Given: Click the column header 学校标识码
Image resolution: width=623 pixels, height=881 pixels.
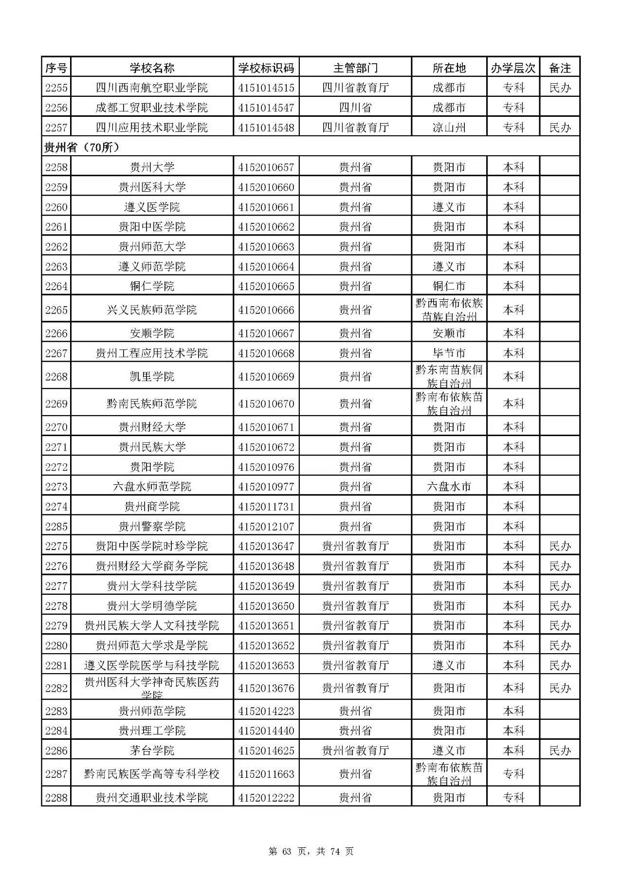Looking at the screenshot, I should click(x=266, y=68).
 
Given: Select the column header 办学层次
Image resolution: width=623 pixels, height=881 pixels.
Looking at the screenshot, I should click(x=513, y=68).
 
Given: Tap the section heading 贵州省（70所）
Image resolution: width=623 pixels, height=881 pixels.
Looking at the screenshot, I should click(x=81, y=147).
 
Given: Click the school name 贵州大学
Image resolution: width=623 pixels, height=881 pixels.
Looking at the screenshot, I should click(x=152, y=167).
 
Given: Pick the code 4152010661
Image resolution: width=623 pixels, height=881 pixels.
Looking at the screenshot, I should click(x=266, y=207).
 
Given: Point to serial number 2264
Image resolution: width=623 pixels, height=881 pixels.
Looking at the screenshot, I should click(x=56, y=286).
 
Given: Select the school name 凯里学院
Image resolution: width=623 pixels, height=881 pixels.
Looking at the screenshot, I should click(x=152, y=377).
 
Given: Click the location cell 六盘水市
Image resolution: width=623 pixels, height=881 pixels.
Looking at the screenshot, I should click(x=449, y=487).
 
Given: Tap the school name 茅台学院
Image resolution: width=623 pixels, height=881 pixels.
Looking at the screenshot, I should click(x=152, y=751).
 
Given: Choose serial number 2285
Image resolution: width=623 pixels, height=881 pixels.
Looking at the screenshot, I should click(x=56, y=527).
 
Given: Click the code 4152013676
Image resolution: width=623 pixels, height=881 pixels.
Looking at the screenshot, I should click(x=266, y=688).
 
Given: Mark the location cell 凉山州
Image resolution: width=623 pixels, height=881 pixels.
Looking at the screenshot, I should click(x=449, y=128).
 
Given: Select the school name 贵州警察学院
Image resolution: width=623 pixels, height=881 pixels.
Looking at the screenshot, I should click(x=152, y=527).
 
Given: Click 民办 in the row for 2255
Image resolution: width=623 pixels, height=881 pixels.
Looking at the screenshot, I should click(x=560, y=88).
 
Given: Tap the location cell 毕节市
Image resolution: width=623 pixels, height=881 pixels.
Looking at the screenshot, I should click(x=449, y=353).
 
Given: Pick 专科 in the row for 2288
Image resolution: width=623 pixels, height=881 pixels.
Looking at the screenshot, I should click(x=513, y=798).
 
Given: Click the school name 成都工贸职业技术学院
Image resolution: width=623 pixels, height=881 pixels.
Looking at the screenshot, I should click(x=152, y=108).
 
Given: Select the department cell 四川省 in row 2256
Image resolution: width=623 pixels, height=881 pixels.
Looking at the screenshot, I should click(x=355, y=108).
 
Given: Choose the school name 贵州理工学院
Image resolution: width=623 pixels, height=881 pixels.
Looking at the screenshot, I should click(x=152, y=731).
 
